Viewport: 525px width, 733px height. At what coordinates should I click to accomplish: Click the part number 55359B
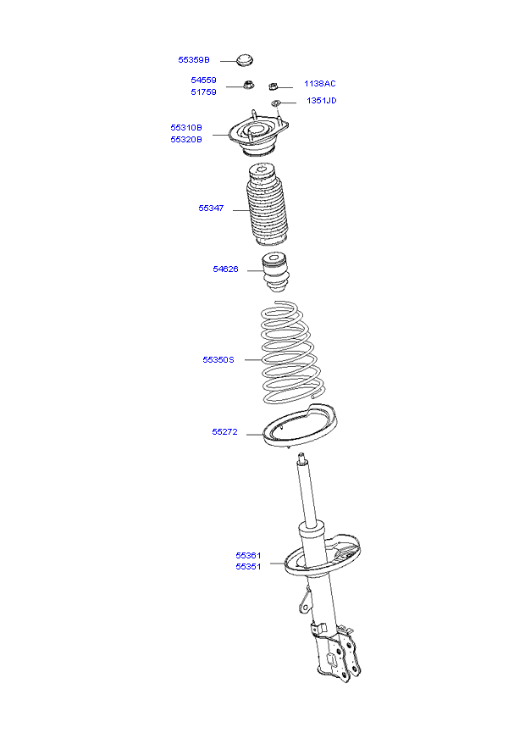pyautogui.click(x=194, y=60)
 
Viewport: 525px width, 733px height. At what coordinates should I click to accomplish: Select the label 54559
pyautogui.click(x=203, y=80)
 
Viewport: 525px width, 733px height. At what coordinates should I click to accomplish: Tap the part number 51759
pyautogui.click(x=203, y=92)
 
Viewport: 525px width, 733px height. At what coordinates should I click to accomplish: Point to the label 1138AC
pyautogui.click(x=320, y=84)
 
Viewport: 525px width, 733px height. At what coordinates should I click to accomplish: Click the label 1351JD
pyautogui.click(x=322, y=101)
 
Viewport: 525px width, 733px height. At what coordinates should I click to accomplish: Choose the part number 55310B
pyautogui.click(x=186, y=128)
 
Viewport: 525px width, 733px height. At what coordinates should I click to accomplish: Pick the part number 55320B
pyautogui.click(x=186, y=139)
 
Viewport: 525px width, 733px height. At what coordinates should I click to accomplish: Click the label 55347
pyautogui.click(x=211, y=208)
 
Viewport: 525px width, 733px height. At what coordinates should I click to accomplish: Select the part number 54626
pyautogui.click(x=225, y=269)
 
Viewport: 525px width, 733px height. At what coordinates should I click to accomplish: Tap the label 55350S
pyautogui.click(x=218, y=359)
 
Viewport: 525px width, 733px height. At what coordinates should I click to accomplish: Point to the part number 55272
pyautogui.click(x=224, y=431)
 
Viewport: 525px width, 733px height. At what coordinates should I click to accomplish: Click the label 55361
pyautogui.click(x=248, y=555)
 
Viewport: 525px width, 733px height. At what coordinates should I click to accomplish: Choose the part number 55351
pyautogui.click(x=248, y=567)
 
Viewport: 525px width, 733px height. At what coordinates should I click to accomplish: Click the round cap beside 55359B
pyautogui.click(x=244, y=60)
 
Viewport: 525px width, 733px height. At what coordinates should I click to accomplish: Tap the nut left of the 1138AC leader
pyautogui.click(x=274, y=86)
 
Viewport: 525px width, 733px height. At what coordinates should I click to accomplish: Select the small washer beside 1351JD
pyautogui.click(x=276, y=103)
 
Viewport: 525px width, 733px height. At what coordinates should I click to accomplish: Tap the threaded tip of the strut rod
pyautogui.click(x=301, y=458)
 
